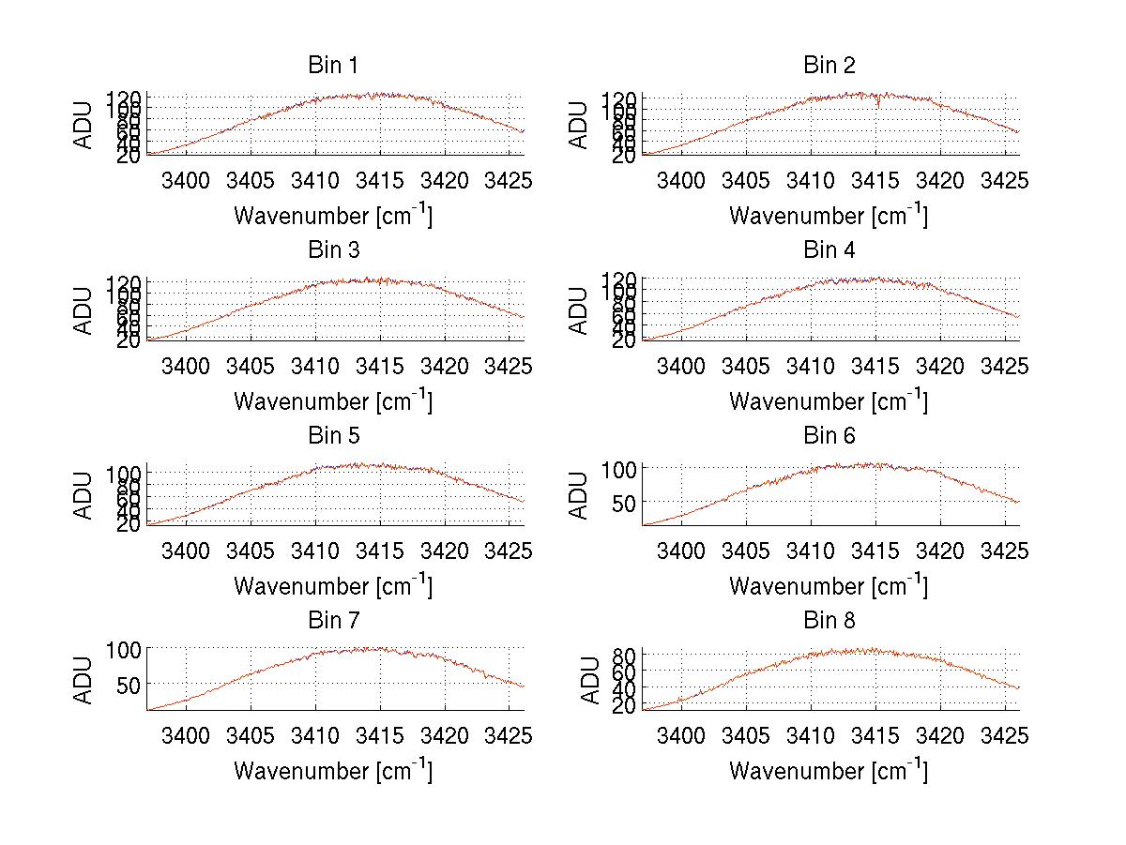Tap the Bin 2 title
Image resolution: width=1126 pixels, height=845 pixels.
829,66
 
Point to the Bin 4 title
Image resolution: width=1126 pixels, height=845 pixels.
829,250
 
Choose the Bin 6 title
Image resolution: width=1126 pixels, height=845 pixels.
829,436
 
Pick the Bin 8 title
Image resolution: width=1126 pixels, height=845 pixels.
829,621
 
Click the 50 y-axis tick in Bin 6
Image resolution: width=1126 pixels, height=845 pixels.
625,502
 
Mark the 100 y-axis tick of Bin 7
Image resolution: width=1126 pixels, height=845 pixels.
125,648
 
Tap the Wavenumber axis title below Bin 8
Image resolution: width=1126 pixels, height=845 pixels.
829,770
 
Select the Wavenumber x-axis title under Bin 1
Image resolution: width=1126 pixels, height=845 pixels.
332,215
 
